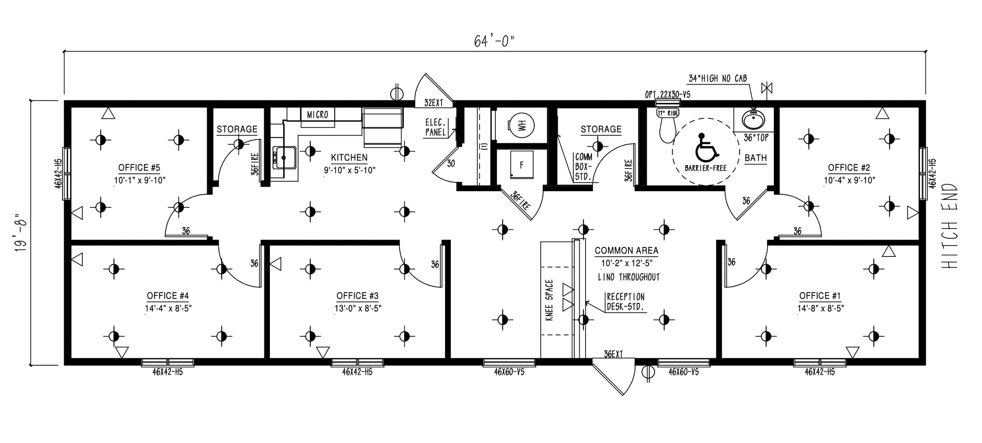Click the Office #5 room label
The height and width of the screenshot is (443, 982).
click(139, 168)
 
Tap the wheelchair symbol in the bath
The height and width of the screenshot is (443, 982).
click(706, 148)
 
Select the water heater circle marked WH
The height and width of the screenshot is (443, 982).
click(521, 126)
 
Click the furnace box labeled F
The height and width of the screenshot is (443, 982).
click(522, 165)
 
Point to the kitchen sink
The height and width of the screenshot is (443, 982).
click(284, 157)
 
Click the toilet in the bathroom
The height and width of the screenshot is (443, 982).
click(667, 126)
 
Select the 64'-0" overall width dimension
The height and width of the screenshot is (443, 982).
click(494, 41)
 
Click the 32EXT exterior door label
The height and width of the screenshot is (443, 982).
click(434, 103)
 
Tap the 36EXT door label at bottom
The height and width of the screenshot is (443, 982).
click(614, 354)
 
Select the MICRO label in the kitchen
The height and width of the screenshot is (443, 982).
click(317, 114)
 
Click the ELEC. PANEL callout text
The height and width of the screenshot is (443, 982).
click(436, 127)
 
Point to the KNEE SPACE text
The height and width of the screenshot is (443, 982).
click(550, 300)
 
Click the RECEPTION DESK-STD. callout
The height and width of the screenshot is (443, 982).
click(626, 302)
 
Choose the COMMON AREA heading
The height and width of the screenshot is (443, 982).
click(627, 251)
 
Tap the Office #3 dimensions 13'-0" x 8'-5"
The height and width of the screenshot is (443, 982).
click(358, 308)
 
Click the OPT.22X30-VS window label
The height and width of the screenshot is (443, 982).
click(668, 95)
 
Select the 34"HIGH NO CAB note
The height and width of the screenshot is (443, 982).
click(718, 79)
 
